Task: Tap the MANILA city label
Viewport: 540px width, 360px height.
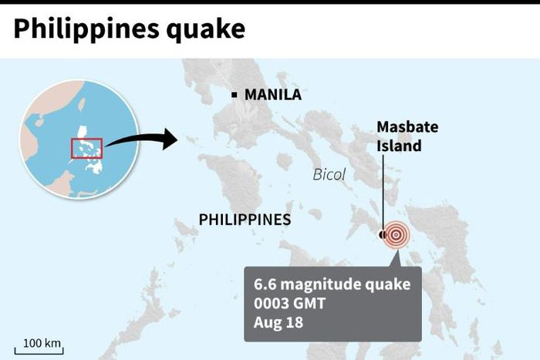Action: click(272, 95)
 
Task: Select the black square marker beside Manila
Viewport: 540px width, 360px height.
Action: click(235, 95)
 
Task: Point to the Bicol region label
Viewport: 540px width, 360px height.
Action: click(329, 175)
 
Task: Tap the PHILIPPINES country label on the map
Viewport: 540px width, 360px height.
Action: click(245, 220)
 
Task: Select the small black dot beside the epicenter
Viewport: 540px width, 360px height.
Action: click(382, 234)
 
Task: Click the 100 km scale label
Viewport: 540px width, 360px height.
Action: click(42, 341)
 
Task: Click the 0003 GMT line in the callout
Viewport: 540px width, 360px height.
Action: click(288, 303)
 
